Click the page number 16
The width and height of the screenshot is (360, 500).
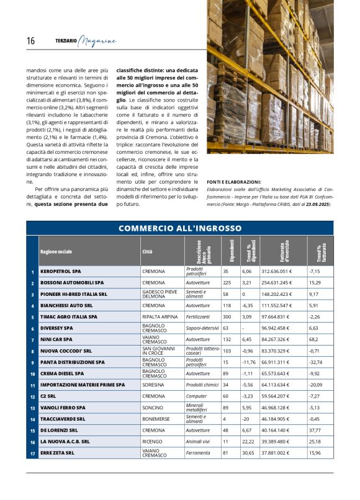tap(30, 41)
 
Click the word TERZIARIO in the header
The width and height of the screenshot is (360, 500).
tap(66, 42)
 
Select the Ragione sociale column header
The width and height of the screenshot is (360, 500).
tap(56, 252)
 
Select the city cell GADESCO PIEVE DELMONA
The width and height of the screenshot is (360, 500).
tap(160, 294)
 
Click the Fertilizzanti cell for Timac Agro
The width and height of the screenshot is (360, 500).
tap(199, 316)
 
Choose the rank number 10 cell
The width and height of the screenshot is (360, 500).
tap(32, 373)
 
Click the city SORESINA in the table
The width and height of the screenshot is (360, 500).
tap(153, 385)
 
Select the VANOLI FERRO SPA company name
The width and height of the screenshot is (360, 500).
tap(63, 408)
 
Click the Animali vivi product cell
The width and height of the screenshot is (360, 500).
tap(199, 442)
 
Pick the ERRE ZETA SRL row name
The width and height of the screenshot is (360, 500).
tap(57, 453)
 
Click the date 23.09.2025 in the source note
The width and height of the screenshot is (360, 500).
tap(316, 204)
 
